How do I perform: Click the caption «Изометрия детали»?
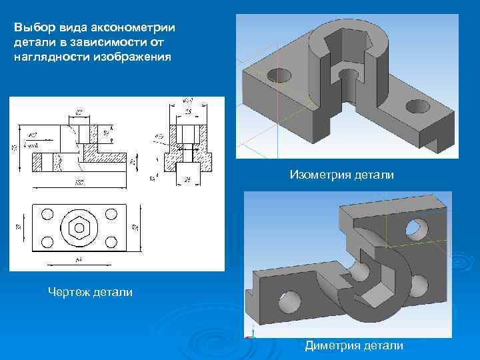[341, 175]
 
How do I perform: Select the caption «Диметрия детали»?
[354, 345]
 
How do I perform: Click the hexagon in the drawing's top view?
[79, 228]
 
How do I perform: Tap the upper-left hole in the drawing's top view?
[47, 214]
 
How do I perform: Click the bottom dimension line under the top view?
[79, 261]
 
